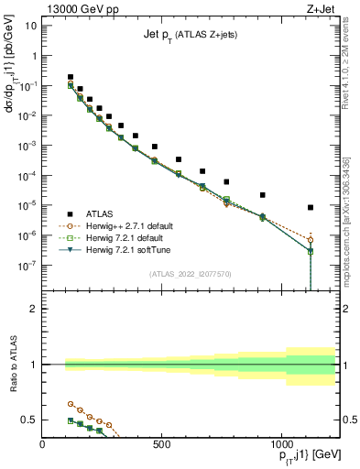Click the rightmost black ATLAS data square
tap(311, 208)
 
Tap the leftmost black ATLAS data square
tap(71, 77)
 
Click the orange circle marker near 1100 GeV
tap(311, 240)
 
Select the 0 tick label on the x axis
tap(43, 446)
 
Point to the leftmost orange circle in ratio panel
tap(71, 403)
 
